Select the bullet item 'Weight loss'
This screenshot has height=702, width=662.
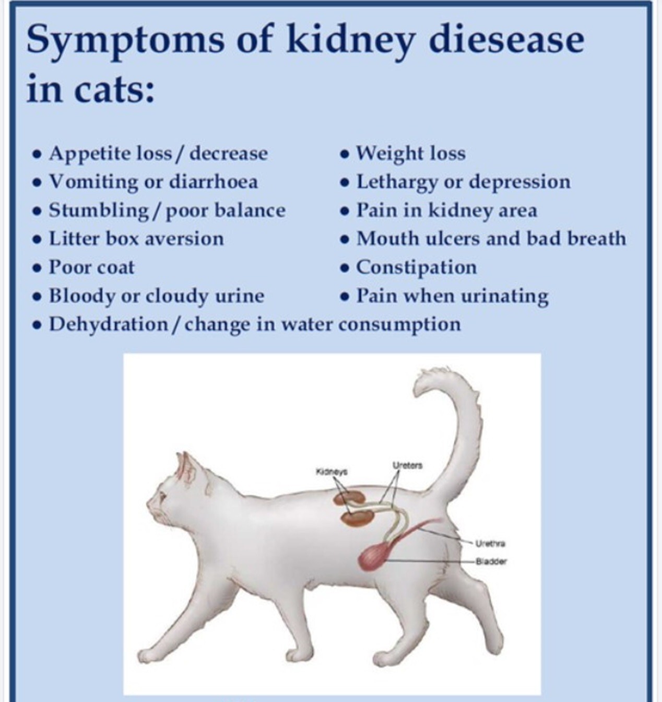coord(411,153)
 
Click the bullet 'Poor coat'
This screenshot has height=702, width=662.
coord(91,267)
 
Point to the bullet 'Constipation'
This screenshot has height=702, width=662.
coord(416,267)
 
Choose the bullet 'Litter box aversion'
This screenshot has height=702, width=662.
coord(136,239)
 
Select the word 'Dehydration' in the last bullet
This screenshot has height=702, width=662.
coord(108,325)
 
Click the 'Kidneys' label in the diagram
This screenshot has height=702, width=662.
coord(332,472)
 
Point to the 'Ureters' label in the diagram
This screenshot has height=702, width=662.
coord(408,465)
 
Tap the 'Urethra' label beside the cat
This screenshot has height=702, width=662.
coord(490,544)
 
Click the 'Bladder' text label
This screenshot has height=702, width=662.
coord(491,561)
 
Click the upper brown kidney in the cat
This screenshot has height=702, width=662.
coord(350,498)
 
